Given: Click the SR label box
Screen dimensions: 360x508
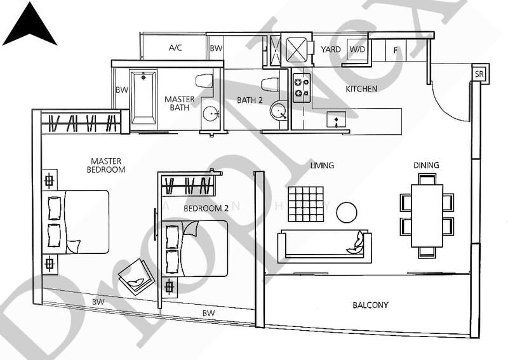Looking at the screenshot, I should coord(480,73).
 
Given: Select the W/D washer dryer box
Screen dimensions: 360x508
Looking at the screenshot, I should coord(357,50).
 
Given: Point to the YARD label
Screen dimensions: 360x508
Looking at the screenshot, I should coord(330,50).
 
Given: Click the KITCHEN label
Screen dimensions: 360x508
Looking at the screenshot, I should coord(361,89).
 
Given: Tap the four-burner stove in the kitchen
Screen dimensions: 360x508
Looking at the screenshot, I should coord(301,87).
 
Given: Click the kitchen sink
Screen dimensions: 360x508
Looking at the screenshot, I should coord(335,119).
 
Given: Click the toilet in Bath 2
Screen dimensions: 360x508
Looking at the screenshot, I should coord(270,83).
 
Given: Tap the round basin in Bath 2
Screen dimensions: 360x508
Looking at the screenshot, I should coord(278,112).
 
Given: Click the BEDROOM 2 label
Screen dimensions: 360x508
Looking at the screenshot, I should coord(206,208).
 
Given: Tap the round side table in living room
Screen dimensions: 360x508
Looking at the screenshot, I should coord(346,212).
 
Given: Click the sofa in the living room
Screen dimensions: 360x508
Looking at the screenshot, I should coord(324,246).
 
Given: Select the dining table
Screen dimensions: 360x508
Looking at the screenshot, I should coord(427,215).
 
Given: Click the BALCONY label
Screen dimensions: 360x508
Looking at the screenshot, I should coord(370,305).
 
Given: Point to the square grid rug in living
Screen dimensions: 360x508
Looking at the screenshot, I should coord(306,204).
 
